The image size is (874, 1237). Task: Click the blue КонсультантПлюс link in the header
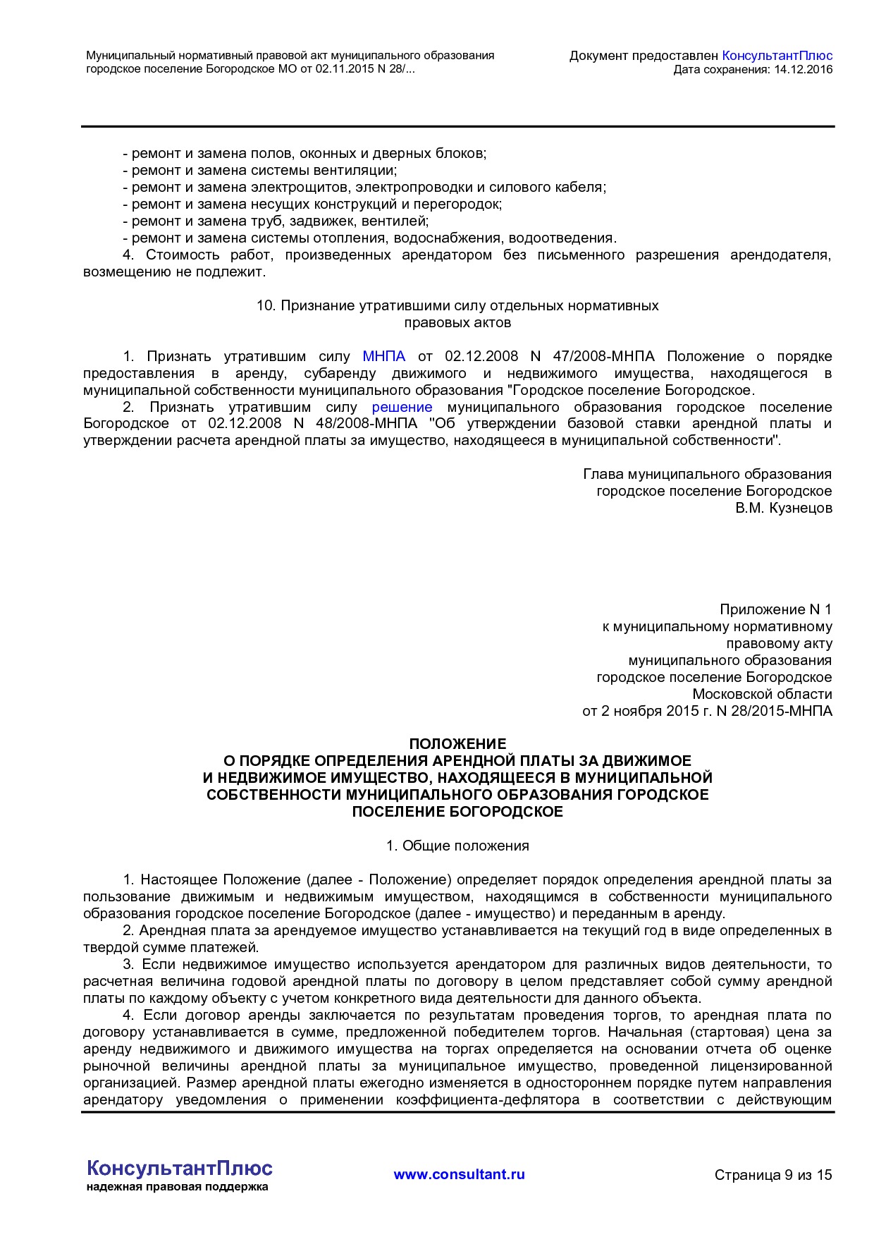[777, 56]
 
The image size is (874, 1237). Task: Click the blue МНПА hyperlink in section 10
[383, 357]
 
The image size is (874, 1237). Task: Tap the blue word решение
[402, 408]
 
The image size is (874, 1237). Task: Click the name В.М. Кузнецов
[784, 508]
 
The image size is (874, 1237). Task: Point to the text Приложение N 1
[775, 609]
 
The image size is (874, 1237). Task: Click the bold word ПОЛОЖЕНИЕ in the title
[457, 744]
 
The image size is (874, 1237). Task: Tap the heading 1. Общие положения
[457, 846]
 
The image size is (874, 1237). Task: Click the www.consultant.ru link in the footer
[459, 1174]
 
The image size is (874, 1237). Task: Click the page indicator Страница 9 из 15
[773, 1175]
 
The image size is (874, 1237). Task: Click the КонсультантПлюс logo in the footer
[179, 1169]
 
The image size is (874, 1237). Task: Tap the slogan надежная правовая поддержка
[178, 1187]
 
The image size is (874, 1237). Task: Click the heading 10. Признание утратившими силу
[457, 306]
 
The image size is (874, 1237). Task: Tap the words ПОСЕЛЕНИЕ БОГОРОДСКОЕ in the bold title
[457, 812]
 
